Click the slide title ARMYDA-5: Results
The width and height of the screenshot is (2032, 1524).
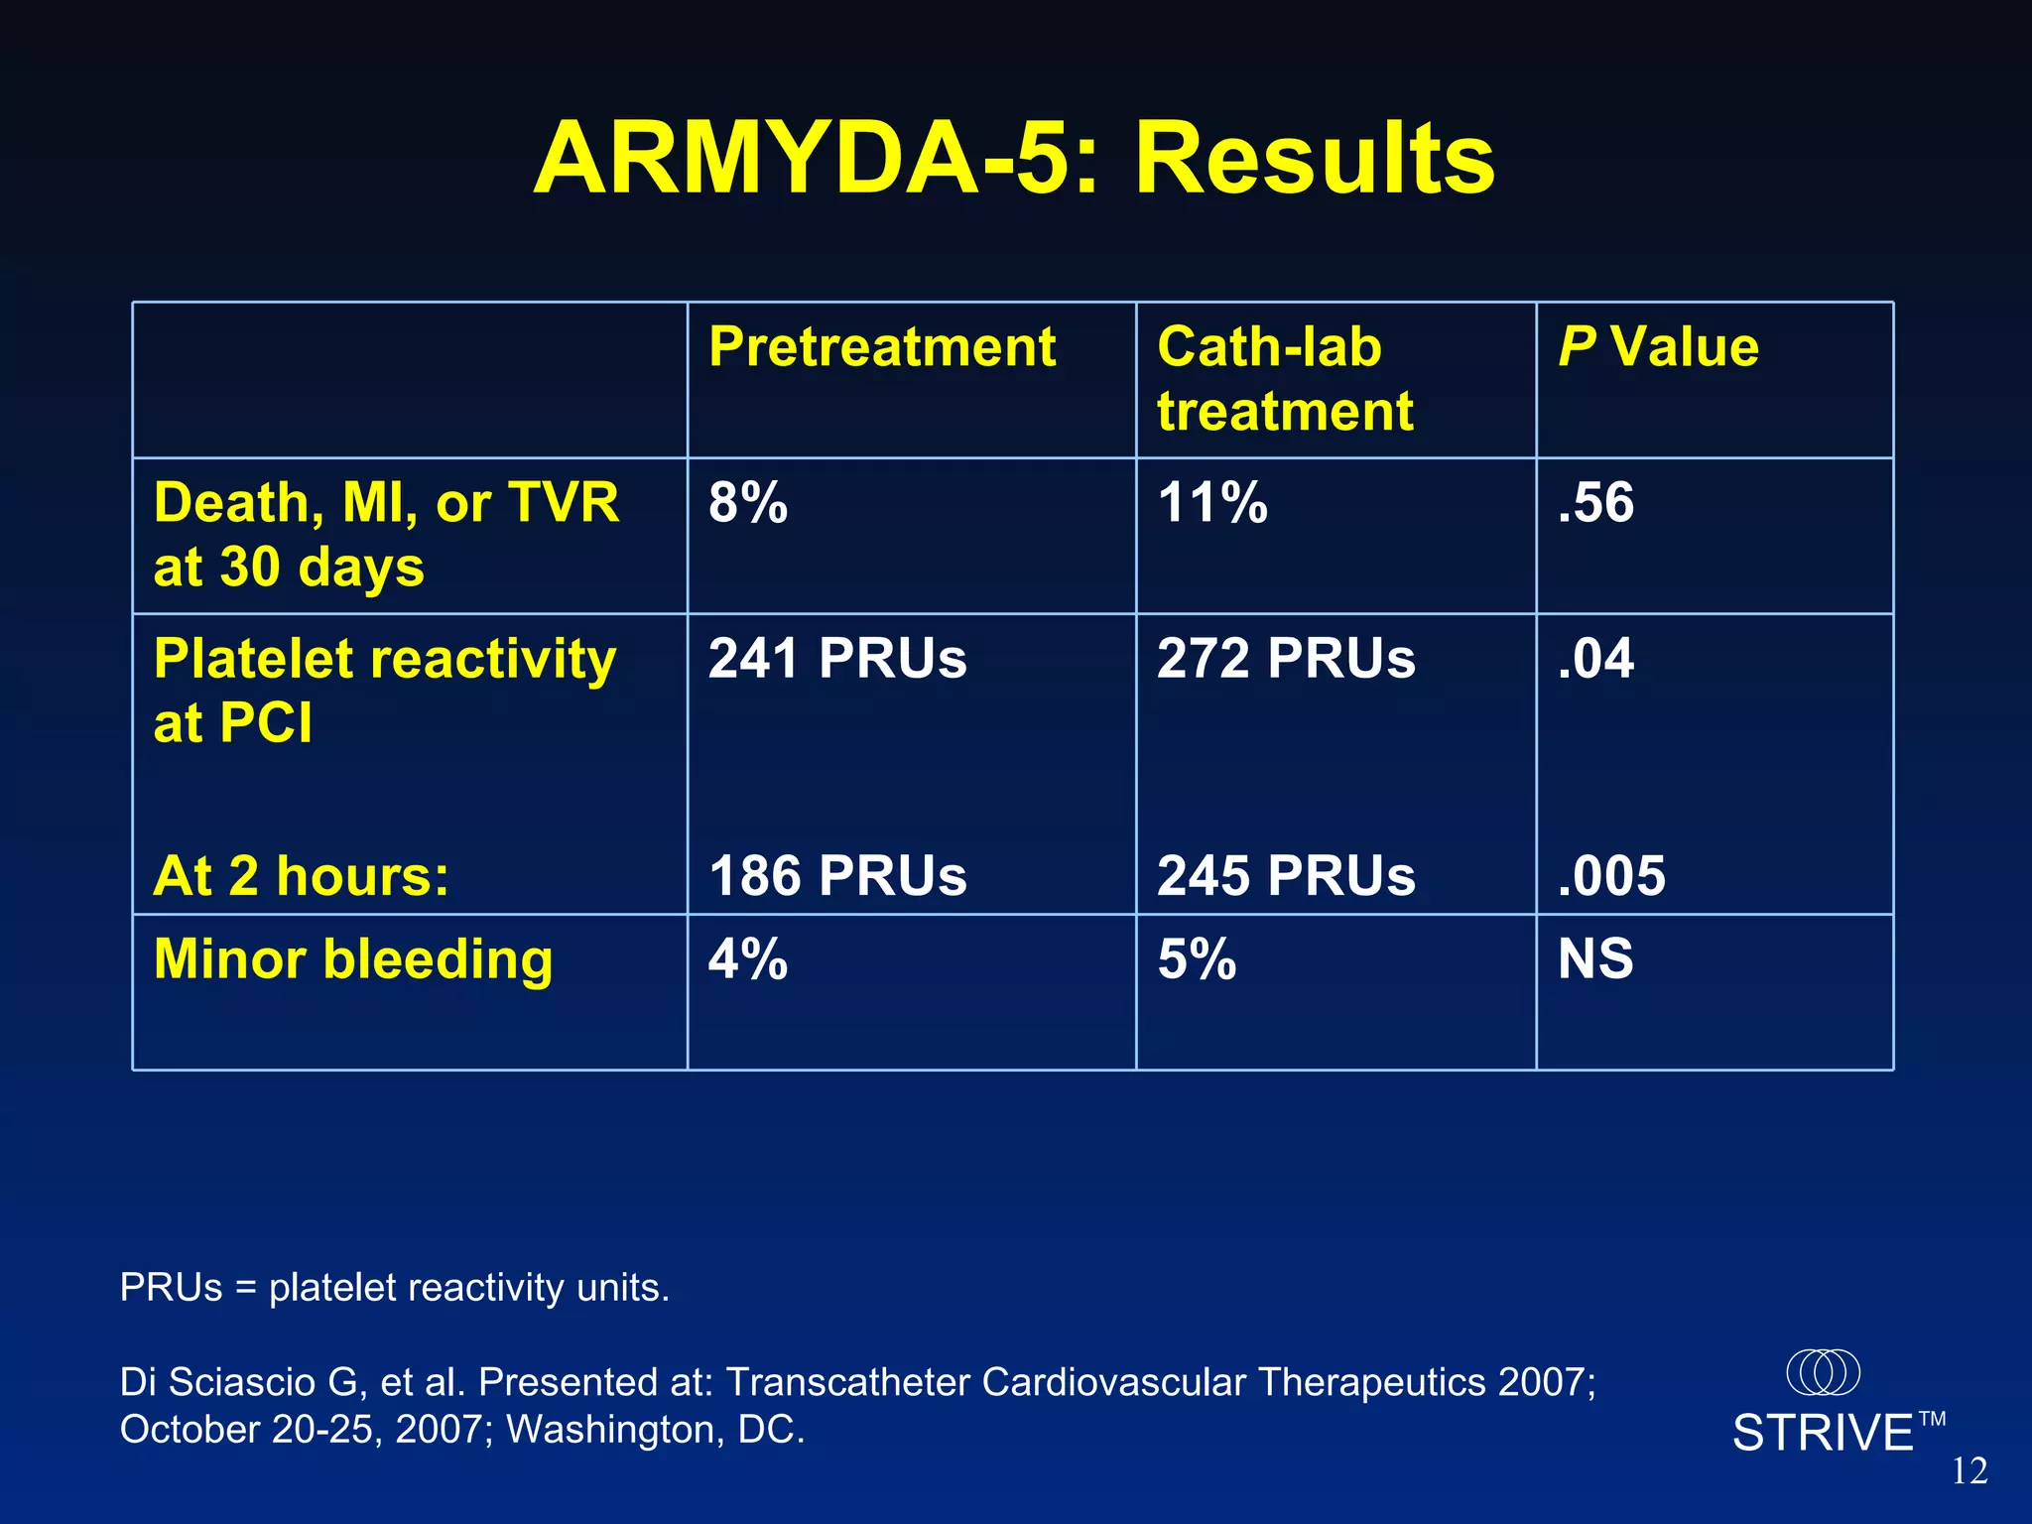(x=1014, y=159)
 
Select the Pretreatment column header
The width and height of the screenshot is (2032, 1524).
(x=882, y=347)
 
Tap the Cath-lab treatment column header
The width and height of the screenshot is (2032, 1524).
(x=1284, y=379)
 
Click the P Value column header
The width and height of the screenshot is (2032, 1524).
(x=1658, y=347)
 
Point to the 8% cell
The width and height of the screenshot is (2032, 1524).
(x=748, y=502)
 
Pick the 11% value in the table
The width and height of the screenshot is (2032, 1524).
(x=1212, y=502)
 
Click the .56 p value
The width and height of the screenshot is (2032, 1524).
(x=1595, y=502)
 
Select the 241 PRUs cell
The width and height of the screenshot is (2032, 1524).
(x=837, y=658)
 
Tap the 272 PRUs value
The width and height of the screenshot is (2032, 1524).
(x=1286, y=658)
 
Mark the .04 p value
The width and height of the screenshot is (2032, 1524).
(x=1595, y=658)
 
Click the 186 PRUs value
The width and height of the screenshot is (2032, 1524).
(x=837, y=876)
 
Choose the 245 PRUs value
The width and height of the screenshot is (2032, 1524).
(x=1286, y=876)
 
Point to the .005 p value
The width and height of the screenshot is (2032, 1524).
(x=1611, y=876)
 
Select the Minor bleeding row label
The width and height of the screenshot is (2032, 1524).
(x=353, y=959)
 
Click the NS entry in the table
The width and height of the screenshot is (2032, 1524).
(x=1595, y=959)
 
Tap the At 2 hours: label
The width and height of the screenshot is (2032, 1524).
(x=302, y=876)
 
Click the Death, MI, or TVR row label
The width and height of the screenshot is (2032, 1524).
(x=386, y=534)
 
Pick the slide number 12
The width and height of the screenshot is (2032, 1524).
(x=1969, y=1470)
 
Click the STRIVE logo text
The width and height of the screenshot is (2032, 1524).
(x=1824, y=1433)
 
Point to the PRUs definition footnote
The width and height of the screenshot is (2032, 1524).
(x=395, y=1287)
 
